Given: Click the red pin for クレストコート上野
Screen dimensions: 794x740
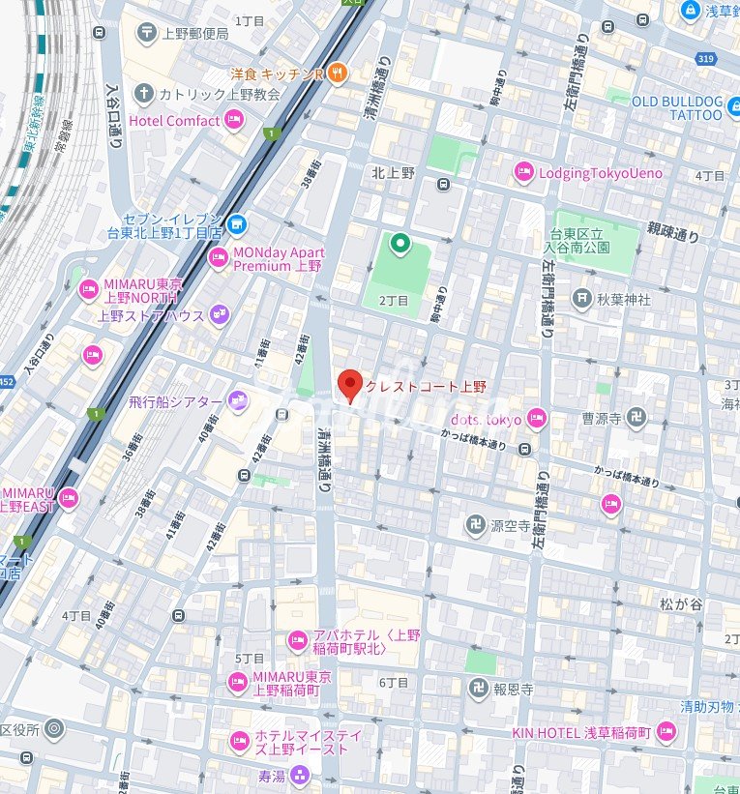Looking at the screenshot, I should click(x=350, y=385).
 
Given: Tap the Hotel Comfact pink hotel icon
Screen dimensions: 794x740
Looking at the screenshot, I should click(x=233, y=121).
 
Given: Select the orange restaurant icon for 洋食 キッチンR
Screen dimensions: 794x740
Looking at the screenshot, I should click(x=337, y=72).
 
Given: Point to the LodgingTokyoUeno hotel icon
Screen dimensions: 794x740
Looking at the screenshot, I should click(x=523, y=172).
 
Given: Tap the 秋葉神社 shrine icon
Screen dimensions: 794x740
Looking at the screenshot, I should click(x=581, y=299).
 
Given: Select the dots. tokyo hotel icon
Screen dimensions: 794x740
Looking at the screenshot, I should click(x=536, y=419).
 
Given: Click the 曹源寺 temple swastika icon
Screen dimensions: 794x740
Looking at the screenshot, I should click(x=636, y=419).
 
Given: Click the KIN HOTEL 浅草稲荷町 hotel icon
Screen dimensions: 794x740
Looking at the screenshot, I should click(x=665, y=732).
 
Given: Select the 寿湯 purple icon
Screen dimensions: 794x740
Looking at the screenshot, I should click(x=300, y=774).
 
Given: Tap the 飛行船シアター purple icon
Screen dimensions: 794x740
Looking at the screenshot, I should click(x=237, y=401).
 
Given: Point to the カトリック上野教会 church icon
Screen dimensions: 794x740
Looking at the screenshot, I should click(x=144, y=94).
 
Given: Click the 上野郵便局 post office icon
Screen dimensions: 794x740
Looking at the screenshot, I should click(x=146, y=33).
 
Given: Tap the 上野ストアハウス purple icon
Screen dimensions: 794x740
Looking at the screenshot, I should click(x=220, y=314).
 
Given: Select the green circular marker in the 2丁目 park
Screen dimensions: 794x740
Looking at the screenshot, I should click(x=397, y=243).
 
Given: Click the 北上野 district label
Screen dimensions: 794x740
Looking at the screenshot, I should click(x=393, y=172).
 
